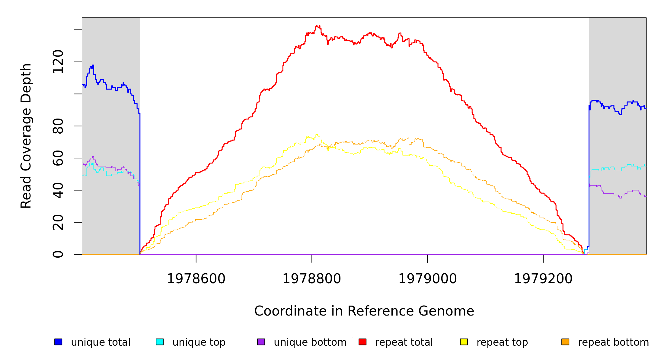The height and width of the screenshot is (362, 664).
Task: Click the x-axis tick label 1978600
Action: (196, 279)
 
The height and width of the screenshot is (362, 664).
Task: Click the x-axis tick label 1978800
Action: (312, 279)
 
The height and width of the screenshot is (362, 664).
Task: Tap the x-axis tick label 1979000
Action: (427, 279)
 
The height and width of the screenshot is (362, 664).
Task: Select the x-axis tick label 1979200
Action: (543, 279)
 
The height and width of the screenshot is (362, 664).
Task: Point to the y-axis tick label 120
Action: (58, 62)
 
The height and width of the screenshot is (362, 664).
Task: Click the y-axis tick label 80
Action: (58, 126)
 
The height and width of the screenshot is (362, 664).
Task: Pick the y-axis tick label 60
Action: (58, 158)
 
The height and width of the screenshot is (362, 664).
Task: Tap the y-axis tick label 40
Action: (58, 190)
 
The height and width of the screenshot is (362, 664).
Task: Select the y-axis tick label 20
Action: (58, 222)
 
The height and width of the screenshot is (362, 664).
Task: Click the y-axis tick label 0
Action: (58, 254)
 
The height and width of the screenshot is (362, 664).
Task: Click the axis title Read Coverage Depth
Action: (26, 136)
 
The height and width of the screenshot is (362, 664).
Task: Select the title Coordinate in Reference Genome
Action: (364, 311)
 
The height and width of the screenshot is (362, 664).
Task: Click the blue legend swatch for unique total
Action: (58, 342)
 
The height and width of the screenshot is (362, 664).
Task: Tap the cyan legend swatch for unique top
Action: (160, 342)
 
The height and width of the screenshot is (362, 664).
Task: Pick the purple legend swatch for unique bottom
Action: (261, 342)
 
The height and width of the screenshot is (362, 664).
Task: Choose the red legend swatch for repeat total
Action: (362, 342)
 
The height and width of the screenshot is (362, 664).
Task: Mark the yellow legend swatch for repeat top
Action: (464, 342)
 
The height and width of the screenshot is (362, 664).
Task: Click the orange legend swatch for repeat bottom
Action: (565, 342)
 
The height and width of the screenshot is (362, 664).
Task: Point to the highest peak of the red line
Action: (317, 26)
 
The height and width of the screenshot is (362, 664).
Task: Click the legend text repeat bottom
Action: (613, 342)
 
